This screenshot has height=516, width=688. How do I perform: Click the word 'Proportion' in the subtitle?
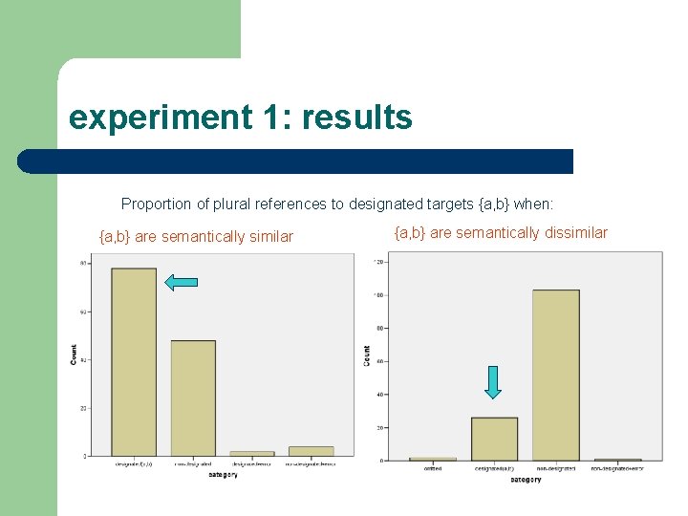coord(156,204)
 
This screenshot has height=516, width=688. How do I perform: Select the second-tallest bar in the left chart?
coord(193,398)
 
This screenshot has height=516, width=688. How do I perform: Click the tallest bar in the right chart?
coord(555,375)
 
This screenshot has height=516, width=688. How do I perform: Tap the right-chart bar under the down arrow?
coord(494,439)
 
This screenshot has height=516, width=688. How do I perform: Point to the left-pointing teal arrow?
coord(181,282)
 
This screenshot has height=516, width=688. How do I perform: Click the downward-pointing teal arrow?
coord(492,382)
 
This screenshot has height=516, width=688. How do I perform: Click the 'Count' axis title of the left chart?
coord(75,355)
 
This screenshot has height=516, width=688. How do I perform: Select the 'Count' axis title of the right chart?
coord(367,355)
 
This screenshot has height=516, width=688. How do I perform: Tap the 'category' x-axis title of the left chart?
coord(223,475)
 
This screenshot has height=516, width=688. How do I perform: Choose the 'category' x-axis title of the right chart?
coord(525,480)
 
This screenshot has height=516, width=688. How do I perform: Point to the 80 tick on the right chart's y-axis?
coord(379,328)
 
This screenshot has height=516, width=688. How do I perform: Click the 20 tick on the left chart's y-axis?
coord(84,408)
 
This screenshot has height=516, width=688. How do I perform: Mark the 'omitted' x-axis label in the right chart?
coord(432,468)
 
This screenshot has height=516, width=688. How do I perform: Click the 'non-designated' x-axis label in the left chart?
coord(193,464)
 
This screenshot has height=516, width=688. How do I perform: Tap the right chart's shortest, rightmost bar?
coord(616,460)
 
